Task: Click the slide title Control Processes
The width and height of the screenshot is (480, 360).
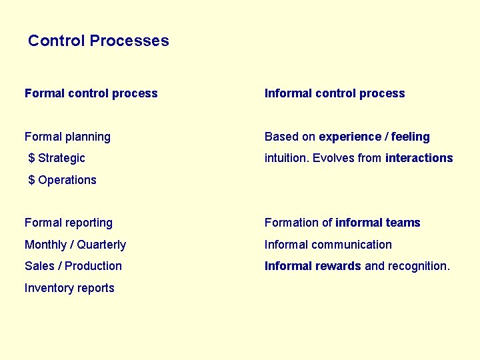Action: tap(99, 41)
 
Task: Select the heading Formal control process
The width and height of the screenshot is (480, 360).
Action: tap(91, 93)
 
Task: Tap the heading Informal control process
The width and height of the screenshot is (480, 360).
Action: tap(335, 93)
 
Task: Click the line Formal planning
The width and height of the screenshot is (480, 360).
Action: tap(67, 137)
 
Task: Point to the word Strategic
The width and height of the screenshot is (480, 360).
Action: tap(61, 158)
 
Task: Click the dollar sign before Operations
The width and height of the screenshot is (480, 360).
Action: tap(31, 180)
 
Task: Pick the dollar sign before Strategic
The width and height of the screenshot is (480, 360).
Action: tap(31, 158)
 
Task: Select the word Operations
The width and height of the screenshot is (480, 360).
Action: tap(67, 180)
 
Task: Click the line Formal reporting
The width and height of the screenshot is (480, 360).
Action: tap(69, 223)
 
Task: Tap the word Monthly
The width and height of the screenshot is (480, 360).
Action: tap(45, 245)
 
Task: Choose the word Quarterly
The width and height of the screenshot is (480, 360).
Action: tap(101, 245)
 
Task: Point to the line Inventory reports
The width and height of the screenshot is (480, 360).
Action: tap(69, 288)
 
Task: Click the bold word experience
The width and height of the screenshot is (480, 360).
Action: tap(349, 137)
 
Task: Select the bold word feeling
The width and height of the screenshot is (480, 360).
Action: tap(410, 137)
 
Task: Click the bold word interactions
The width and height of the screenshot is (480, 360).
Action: tap(419, 158)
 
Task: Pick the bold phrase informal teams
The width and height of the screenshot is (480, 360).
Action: tap(378, 223)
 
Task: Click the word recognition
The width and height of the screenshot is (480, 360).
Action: tap(419, 266)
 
